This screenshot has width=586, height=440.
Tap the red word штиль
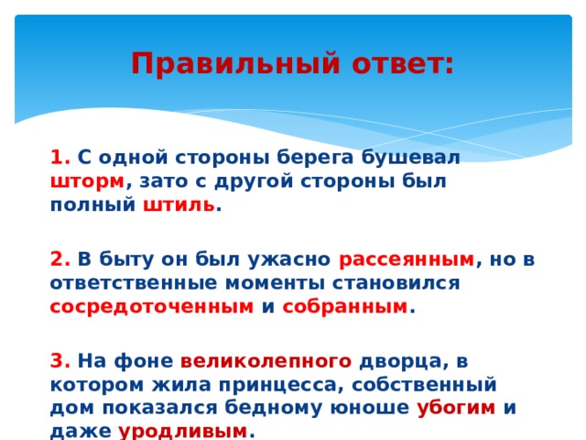tap(179, 203)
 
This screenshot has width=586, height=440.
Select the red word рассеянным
tap(407, 258)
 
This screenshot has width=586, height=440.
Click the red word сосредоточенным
tap(151, 306)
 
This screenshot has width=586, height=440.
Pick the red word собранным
tap(345, 306)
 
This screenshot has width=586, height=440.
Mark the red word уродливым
tap(183, 430)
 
